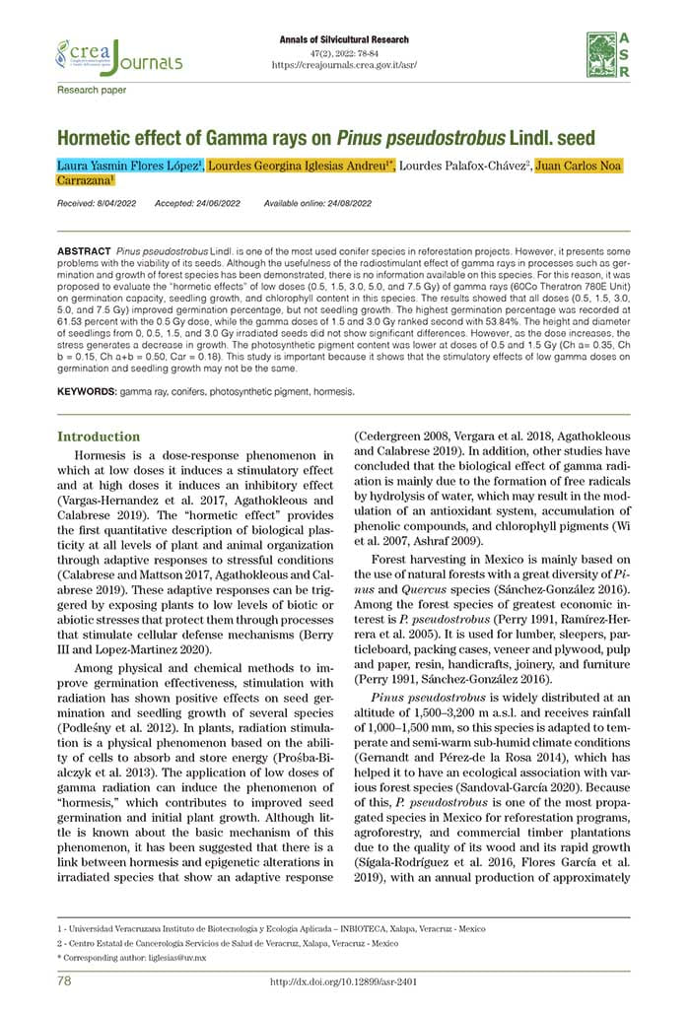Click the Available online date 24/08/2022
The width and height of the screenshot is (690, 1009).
(x=318, y=203)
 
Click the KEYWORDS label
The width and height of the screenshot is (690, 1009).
(x=87, y=391)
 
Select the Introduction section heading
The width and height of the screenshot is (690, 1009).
(x=99, y=437)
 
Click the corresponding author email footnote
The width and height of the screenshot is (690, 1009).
(x=132, y=957)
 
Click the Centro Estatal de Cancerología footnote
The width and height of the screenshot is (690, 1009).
(x=227, y=943)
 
